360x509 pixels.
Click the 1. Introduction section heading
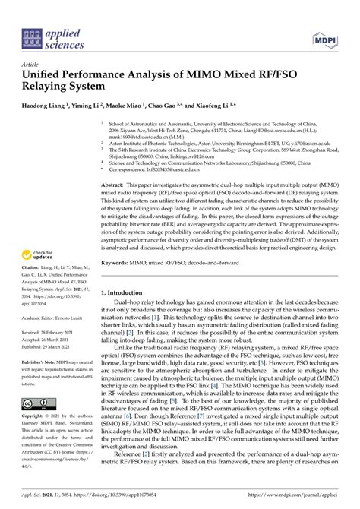pyautogui.click(x=128, y=270)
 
